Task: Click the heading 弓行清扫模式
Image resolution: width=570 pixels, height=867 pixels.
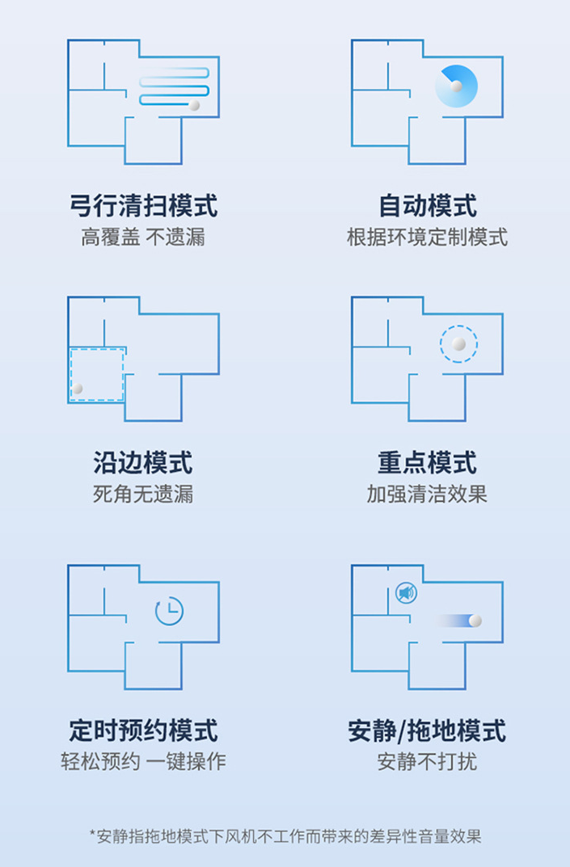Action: [x=143, y=205]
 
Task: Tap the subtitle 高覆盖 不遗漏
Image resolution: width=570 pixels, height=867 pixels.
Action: [x=143, y=238]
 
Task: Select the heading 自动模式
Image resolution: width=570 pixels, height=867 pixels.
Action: [x=427, y=205]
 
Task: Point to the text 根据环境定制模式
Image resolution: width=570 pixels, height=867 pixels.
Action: [x=427, y=238]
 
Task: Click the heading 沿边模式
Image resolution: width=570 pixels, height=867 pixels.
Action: [x=143, y=463]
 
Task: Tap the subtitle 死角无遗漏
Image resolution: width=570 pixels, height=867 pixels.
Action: [x=143, y=494]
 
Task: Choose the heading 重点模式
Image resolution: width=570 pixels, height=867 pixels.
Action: [x=427, y=463]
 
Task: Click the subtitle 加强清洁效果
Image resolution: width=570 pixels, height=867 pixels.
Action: [x=427, y=494]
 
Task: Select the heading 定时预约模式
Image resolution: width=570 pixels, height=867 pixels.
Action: [x=143, y=730]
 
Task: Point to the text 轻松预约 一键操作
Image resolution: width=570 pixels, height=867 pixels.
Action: [x=143, y=761]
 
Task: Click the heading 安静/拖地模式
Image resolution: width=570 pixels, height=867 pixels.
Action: [x=427, y=730]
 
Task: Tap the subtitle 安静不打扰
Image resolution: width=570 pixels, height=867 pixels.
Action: [x=427, y=761]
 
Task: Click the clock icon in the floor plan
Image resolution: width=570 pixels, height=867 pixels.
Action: [x=170, y=611]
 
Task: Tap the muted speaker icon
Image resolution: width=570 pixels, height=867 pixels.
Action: [x=406, y=594]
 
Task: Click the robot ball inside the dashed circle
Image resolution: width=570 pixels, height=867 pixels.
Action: [x=458, y=344]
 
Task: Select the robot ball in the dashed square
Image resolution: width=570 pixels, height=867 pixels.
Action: [x=78, y=389]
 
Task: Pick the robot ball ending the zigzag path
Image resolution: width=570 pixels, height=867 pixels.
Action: [x=194, y=105]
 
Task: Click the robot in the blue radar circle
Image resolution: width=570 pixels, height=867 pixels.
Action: [x=456, y=86]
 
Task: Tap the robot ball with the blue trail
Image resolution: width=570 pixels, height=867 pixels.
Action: [x=475, y=621]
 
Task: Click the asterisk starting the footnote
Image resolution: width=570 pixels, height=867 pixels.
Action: [x=93, y=834]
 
